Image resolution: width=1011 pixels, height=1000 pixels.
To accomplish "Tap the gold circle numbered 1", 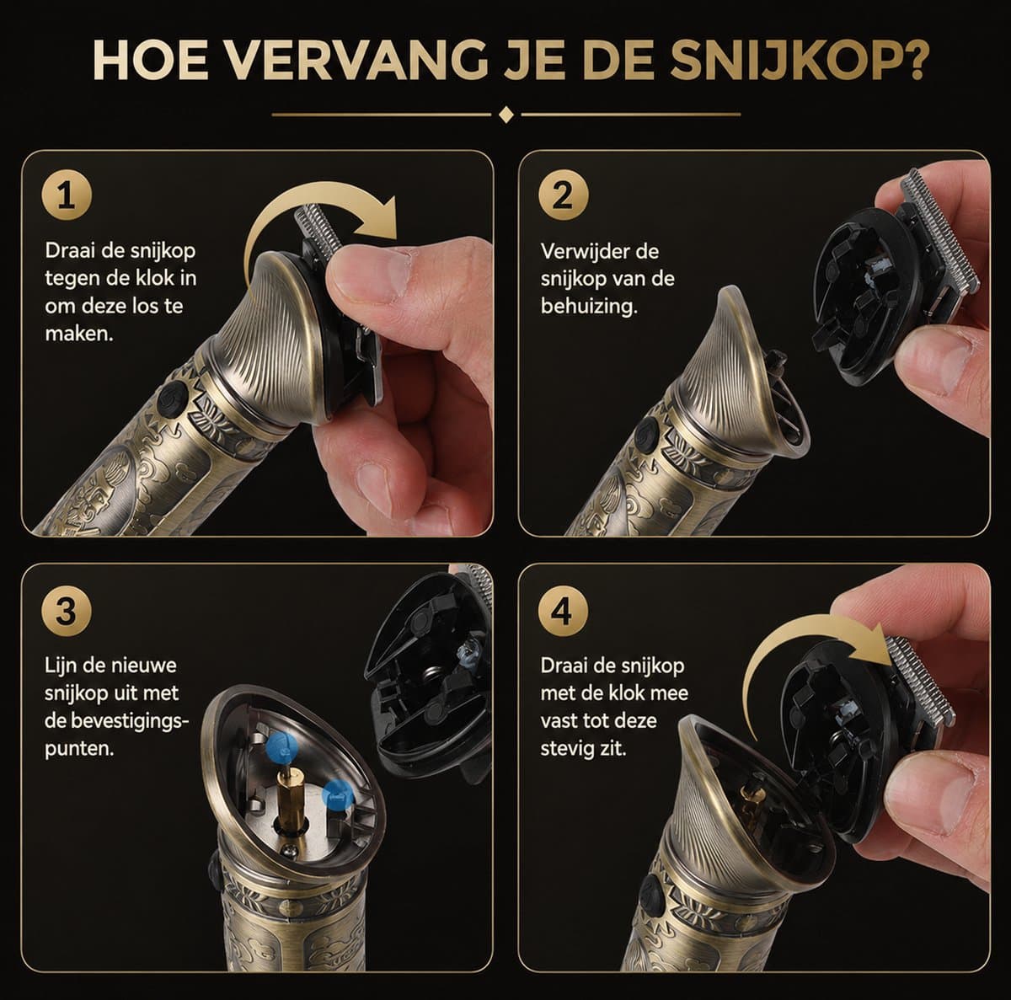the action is pos(67,195).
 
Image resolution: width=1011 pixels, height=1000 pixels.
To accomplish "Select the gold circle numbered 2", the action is pos(564,195).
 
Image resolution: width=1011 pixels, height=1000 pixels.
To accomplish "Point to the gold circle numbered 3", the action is pos(67,612).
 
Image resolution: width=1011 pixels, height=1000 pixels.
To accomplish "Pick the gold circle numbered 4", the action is pos(563,612).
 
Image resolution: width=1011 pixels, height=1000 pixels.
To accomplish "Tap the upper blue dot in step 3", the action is pos(281,749).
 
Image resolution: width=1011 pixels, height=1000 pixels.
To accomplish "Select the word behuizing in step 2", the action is pos(589,307).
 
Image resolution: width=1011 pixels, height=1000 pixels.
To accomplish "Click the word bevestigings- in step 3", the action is pos(116,721).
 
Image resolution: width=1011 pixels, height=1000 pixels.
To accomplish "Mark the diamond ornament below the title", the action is pos(505,114).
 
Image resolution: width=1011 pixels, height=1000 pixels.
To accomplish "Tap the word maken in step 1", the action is pos(78,334).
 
